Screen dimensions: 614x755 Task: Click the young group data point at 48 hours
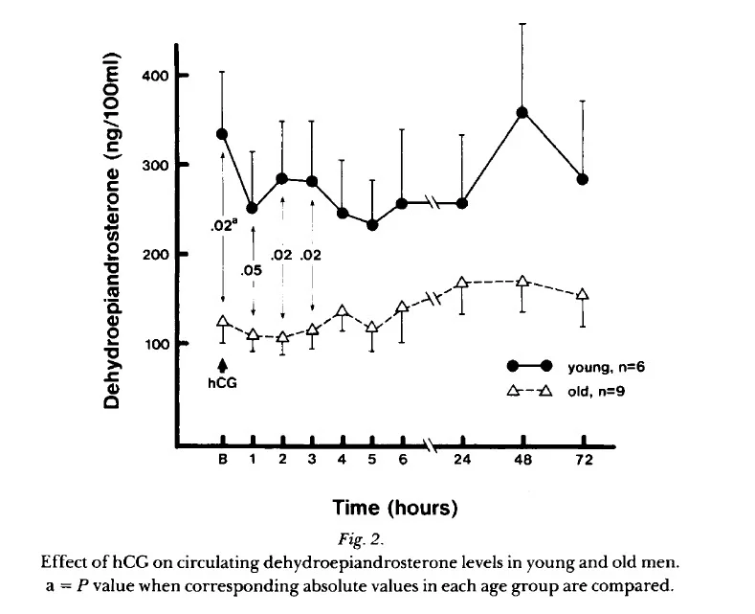[522, 113]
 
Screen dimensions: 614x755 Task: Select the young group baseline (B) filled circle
[222, 134]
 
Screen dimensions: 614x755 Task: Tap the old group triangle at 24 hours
[462, 283]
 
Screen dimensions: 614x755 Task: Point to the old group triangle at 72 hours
[582, 294]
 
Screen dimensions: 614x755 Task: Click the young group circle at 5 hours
[372, 225]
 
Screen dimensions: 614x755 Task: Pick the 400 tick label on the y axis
[152, 76]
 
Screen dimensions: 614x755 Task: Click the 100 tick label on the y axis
[152, 344]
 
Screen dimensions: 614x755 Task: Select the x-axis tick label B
[222, 461]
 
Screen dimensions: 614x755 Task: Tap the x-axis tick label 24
[462, 461]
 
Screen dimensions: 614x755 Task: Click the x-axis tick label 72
[583, 461]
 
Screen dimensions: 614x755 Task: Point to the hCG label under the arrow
[222, 384]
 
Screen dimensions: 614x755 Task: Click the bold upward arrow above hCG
[222, 364]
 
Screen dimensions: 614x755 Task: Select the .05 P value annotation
[253, 271]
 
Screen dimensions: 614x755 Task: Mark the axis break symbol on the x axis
[433, 445]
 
